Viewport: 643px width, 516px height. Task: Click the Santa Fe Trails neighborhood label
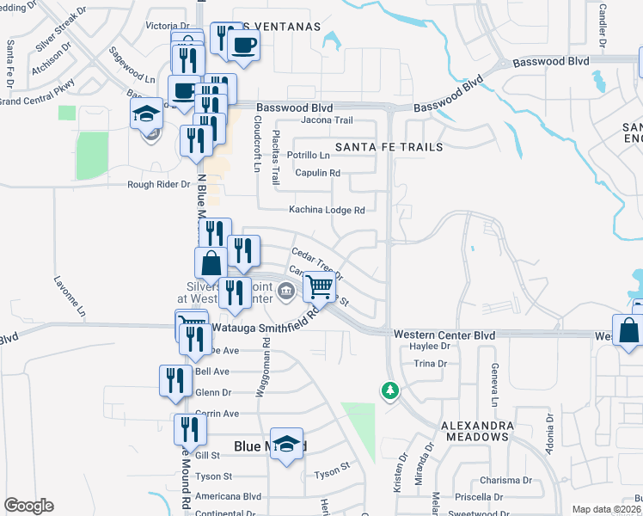point(389,147)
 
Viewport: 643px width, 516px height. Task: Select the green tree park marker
point(389,390)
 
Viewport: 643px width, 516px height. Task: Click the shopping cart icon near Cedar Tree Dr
point(319,287)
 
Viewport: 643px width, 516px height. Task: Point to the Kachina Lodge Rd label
point(327,210)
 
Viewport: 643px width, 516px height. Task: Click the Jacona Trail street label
point(327,120)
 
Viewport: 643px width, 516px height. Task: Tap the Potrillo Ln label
point(308,156)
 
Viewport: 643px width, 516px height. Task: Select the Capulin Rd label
point(317,173)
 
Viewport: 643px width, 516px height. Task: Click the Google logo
point(28,506)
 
